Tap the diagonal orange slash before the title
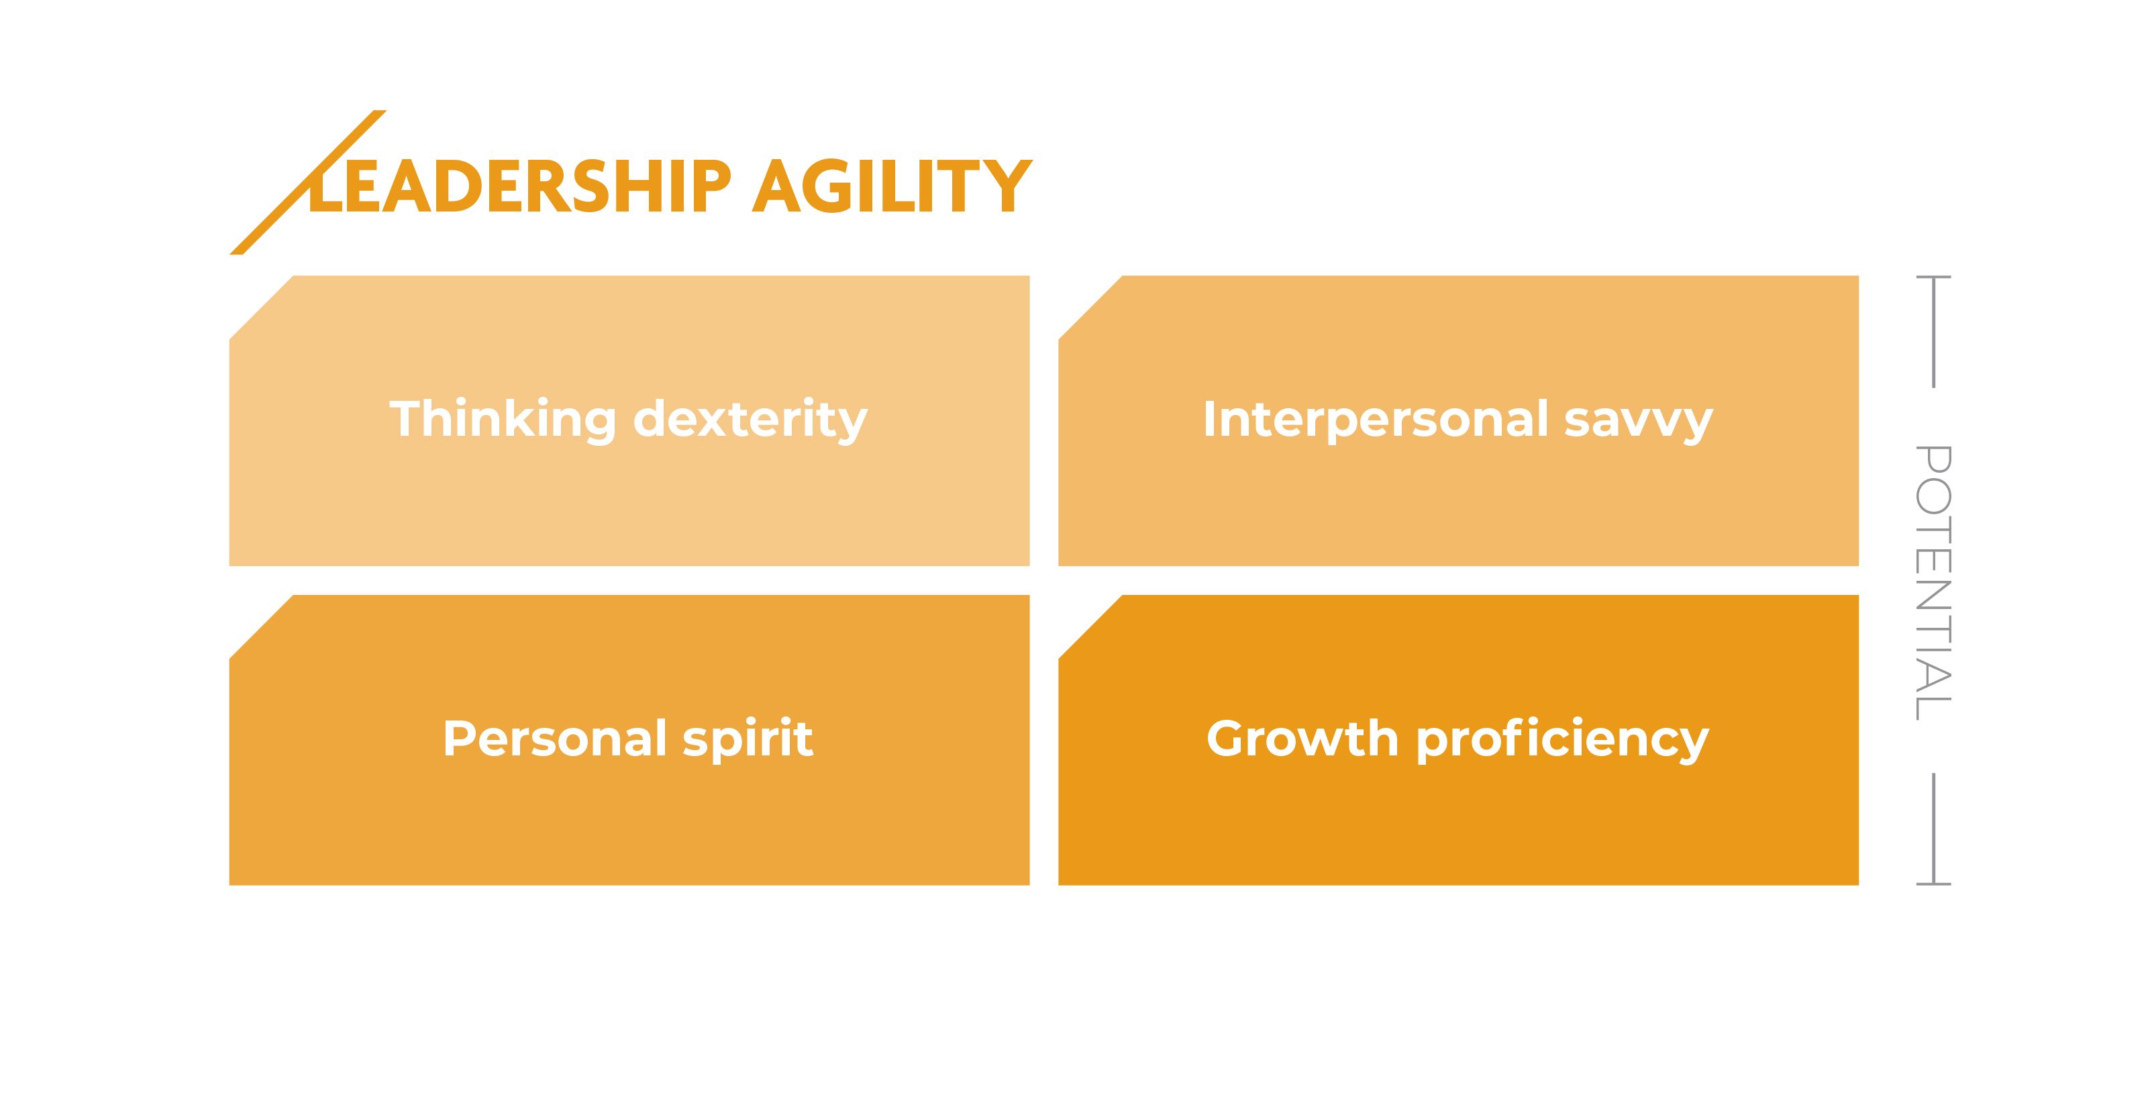click(x=307, y=182)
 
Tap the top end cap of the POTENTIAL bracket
click(x=1933, y=277)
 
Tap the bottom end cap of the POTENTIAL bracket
click(x=1933, y=884)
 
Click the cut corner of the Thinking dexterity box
click(x=261, y=308)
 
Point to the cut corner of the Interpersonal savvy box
click(x=1090, y=308)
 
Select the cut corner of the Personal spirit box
click(x=261, y=627)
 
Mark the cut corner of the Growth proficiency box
click(x=1090, y=627)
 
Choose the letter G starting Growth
click(x=1229, y=739)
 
